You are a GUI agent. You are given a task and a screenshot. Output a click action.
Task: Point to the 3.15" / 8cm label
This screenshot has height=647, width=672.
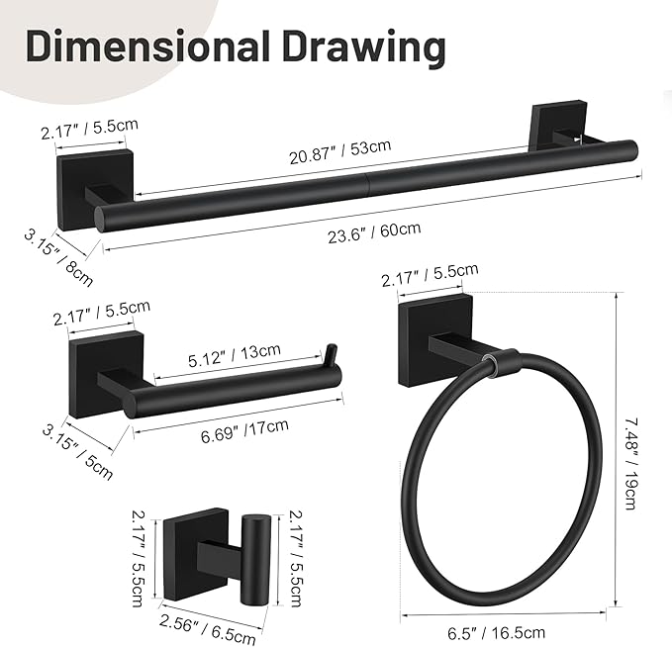[x=58, y=256]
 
